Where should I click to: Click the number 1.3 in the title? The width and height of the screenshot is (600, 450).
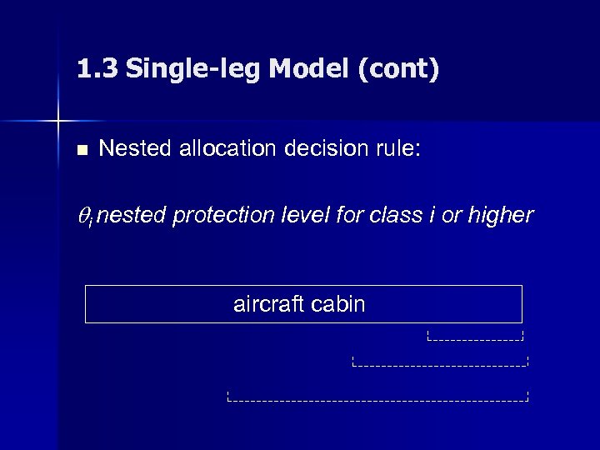pos(97,68)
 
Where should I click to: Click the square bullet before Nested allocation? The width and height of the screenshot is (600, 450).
pos(81,151)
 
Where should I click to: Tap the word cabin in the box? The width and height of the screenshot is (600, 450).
pos(337,304)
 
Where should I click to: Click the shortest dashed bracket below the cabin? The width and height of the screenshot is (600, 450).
pos(474,337)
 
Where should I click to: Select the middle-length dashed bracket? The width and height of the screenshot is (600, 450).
pos(441,363)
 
